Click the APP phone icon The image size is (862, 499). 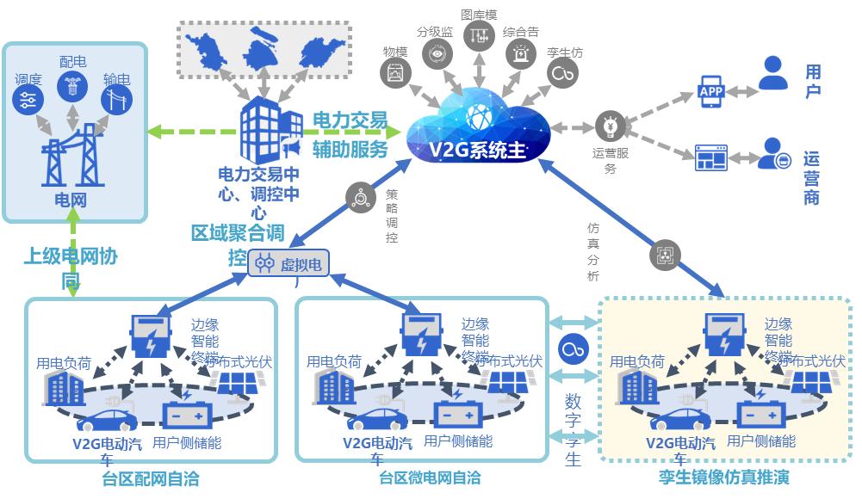tap(710, 89)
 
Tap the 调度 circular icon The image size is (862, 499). tap(28, 101)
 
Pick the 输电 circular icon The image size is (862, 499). tap(116, 101)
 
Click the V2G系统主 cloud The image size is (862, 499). tap(476, 129)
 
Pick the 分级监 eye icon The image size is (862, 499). tap(437, 53)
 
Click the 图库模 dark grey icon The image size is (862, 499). tap(480, 35)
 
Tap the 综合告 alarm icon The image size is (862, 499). tap(522, 53)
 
